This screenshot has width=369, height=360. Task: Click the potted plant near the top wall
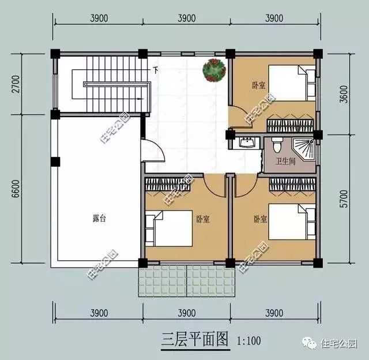tap(214, 70)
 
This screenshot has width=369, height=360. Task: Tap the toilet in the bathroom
tap(277, 145)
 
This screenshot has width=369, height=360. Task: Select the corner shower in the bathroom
tap(304, 149)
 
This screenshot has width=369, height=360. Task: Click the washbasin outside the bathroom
tap(247, 142)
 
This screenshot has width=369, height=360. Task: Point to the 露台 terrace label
tap(99, 219)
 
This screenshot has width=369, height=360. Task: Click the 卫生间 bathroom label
tap(285, 162)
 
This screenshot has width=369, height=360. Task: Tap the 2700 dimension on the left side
tap(16, 84)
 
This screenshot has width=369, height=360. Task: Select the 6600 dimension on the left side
tap(16, 189)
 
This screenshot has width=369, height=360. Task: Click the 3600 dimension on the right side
tap(344, 94)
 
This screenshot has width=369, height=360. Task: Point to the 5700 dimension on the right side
tap(344, 198)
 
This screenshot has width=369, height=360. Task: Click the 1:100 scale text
tap(248, 341)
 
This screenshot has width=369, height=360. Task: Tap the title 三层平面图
tap(195, 340)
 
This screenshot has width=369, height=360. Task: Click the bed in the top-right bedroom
tap(292, 83)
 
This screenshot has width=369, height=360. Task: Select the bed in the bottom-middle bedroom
tap(169, 228)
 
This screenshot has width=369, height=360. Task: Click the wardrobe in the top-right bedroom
tap(291, 123)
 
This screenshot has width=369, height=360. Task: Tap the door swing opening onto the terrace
tap(153, 150)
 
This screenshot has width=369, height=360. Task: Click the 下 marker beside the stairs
tap(155, 70)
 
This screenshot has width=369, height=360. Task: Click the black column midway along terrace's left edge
tap(55, 162)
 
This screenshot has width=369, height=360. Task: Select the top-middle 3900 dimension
tap(187, 18)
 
